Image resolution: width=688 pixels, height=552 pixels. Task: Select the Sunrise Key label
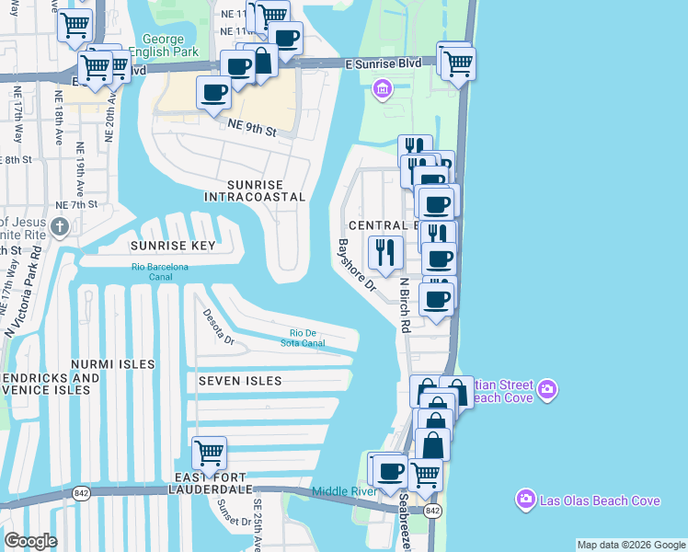pyautogui.click(x=172, y=246)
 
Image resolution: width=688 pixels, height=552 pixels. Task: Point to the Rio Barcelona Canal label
pyautogui.click(x=160, y=271)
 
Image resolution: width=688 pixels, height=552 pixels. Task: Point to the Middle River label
pyautogui.click(x=344, y=491)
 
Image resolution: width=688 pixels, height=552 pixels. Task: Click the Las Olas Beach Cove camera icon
pyautogui.click(x=526, y=500)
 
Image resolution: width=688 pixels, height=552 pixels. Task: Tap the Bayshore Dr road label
pyautogui.click(x=357, y=265)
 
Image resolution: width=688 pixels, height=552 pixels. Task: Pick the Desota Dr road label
pyautogui.click(x=220, y=326)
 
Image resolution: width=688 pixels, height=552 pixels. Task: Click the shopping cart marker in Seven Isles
pyautogui.click(x=210, y=453)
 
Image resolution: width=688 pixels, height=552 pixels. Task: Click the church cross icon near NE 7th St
pyautogui.click(x=60, y=226)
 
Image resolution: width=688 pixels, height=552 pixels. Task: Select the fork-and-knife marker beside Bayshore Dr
pyautogui.click(x=385, y=251)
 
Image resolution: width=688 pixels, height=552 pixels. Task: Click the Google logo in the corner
pyautogui.click(x=30, y=540)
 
